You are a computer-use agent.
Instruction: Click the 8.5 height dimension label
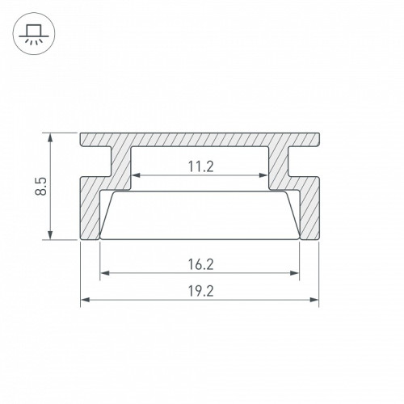41,186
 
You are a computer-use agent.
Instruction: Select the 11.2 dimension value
201,166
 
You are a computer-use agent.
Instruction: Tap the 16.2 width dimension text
201,264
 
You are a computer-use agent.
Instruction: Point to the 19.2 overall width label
201,291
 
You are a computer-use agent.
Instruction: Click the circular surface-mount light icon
34,34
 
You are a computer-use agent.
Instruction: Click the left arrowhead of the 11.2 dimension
137,175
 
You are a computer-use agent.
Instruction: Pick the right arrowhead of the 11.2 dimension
263,175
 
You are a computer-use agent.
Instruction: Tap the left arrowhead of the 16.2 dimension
104,273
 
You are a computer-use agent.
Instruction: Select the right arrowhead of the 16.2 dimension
295,273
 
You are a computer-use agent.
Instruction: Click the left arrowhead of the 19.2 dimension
85,300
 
